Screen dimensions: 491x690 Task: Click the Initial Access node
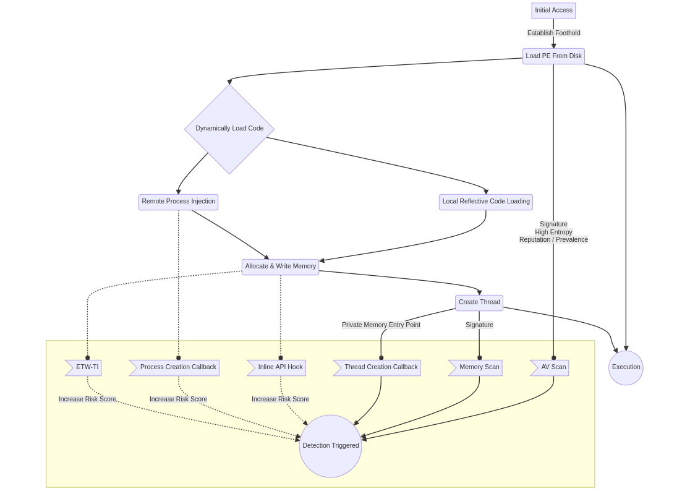tap(553, 11)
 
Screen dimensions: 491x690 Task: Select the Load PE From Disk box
tap(553, 56)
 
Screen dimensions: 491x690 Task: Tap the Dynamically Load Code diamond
tap(229, 129)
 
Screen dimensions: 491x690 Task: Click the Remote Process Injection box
tap(178, 202)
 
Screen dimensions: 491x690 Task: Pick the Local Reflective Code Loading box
tap(485, 202)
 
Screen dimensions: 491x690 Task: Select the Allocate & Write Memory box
tap(280, 267)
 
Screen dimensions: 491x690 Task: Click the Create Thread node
tap(479, 302)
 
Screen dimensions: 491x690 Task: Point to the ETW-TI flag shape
tap(85, 367)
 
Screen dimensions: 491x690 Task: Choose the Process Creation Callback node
tap(177, 367)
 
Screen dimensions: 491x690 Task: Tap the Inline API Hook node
tap(279, 367)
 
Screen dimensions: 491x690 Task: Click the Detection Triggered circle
tap(330, 446)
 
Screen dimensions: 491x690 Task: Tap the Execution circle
tap(626, 367)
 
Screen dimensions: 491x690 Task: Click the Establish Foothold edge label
tap(553, 33)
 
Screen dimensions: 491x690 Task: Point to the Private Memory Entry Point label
tap(381, 325)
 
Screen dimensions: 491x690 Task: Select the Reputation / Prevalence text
tap(553, 240)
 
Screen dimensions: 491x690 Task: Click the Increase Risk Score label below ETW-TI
tap(87, 399)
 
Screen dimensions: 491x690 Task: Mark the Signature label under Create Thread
tap(479, 325)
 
